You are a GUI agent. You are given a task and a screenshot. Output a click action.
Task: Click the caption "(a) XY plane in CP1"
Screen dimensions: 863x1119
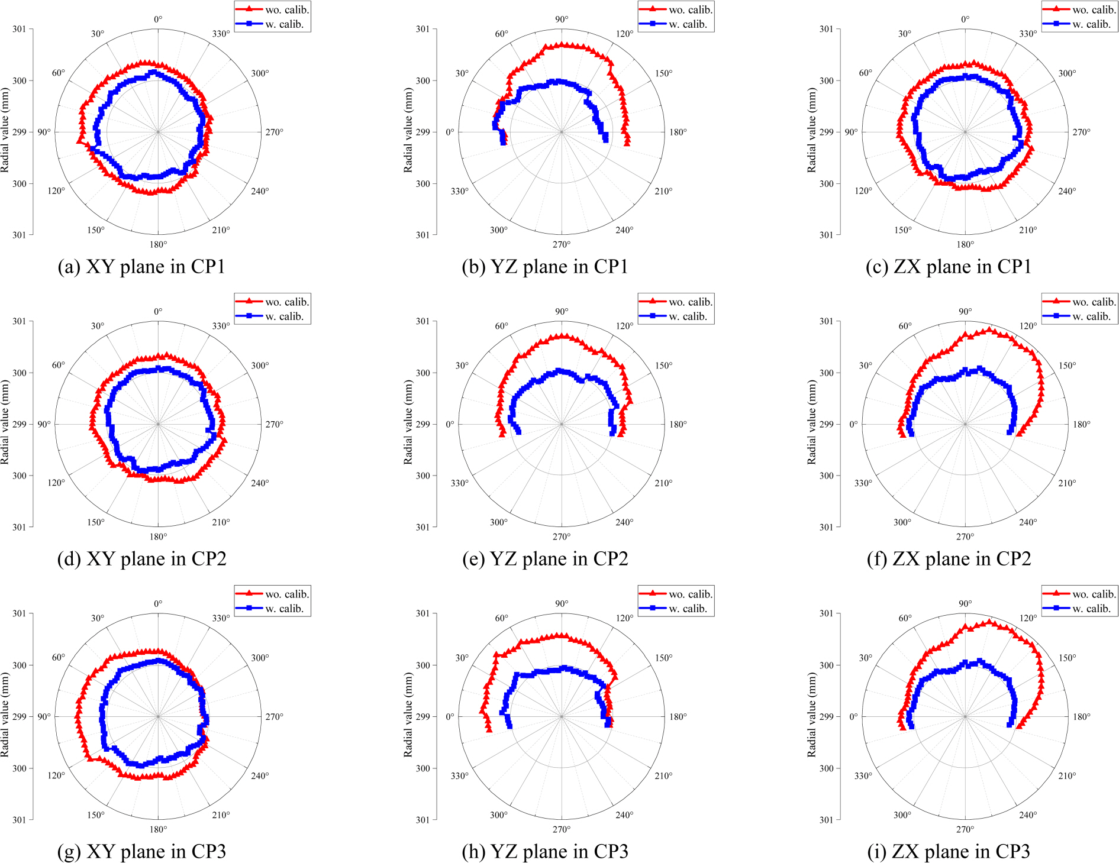(141, 267)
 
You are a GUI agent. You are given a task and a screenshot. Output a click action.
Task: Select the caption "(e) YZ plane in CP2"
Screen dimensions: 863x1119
(545, 559)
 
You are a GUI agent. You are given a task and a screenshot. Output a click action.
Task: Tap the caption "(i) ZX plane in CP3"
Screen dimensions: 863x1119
(949, 851)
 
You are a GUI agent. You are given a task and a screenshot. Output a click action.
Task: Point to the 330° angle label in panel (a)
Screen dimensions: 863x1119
(221, 34)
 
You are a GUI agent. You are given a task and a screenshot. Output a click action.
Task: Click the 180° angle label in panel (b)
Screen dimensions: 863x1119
(678, 132)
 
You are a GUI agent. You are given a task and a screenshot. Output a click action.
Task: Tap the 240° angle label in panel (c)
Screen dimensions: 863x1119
(1067, 191)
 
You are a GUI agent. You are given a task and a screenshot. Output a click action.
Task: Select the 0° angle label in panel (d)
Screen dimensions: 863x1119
(158, 312)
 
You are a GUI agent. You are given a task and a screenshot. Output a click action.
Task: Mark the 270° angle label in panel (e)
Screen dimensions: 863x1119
(562, 536)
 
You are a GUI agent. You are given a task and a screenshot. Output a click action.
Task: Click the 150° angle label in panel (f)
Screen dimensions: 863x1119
(1067, 366)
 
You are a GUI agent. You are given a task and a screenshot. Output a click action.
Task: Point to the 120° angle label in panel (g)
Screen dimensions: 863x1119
(56, 775)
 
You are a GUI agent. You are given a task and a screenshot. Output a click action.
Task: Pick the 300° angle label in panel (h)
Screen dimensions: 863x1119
(498, 814)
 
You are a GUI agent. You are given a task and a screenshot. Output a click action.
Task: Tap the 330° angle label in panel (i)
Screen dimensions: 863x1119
(863, 775)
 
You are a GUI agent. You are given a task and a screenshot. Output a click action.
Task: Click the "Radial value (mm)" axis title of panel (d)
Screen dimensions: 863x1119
(5, 422)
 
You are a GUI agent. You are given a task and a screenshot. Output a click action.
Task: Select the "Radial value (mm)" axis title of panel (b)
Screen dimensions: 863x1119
(408, 130)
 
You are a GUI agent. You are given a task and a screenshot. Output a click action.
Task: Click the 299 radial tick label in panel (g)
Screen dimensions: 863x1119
(19, 716)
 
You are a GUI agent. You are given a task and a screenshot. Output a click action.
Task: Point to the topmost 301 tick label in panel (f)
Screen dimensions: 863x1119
(826, 321)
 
